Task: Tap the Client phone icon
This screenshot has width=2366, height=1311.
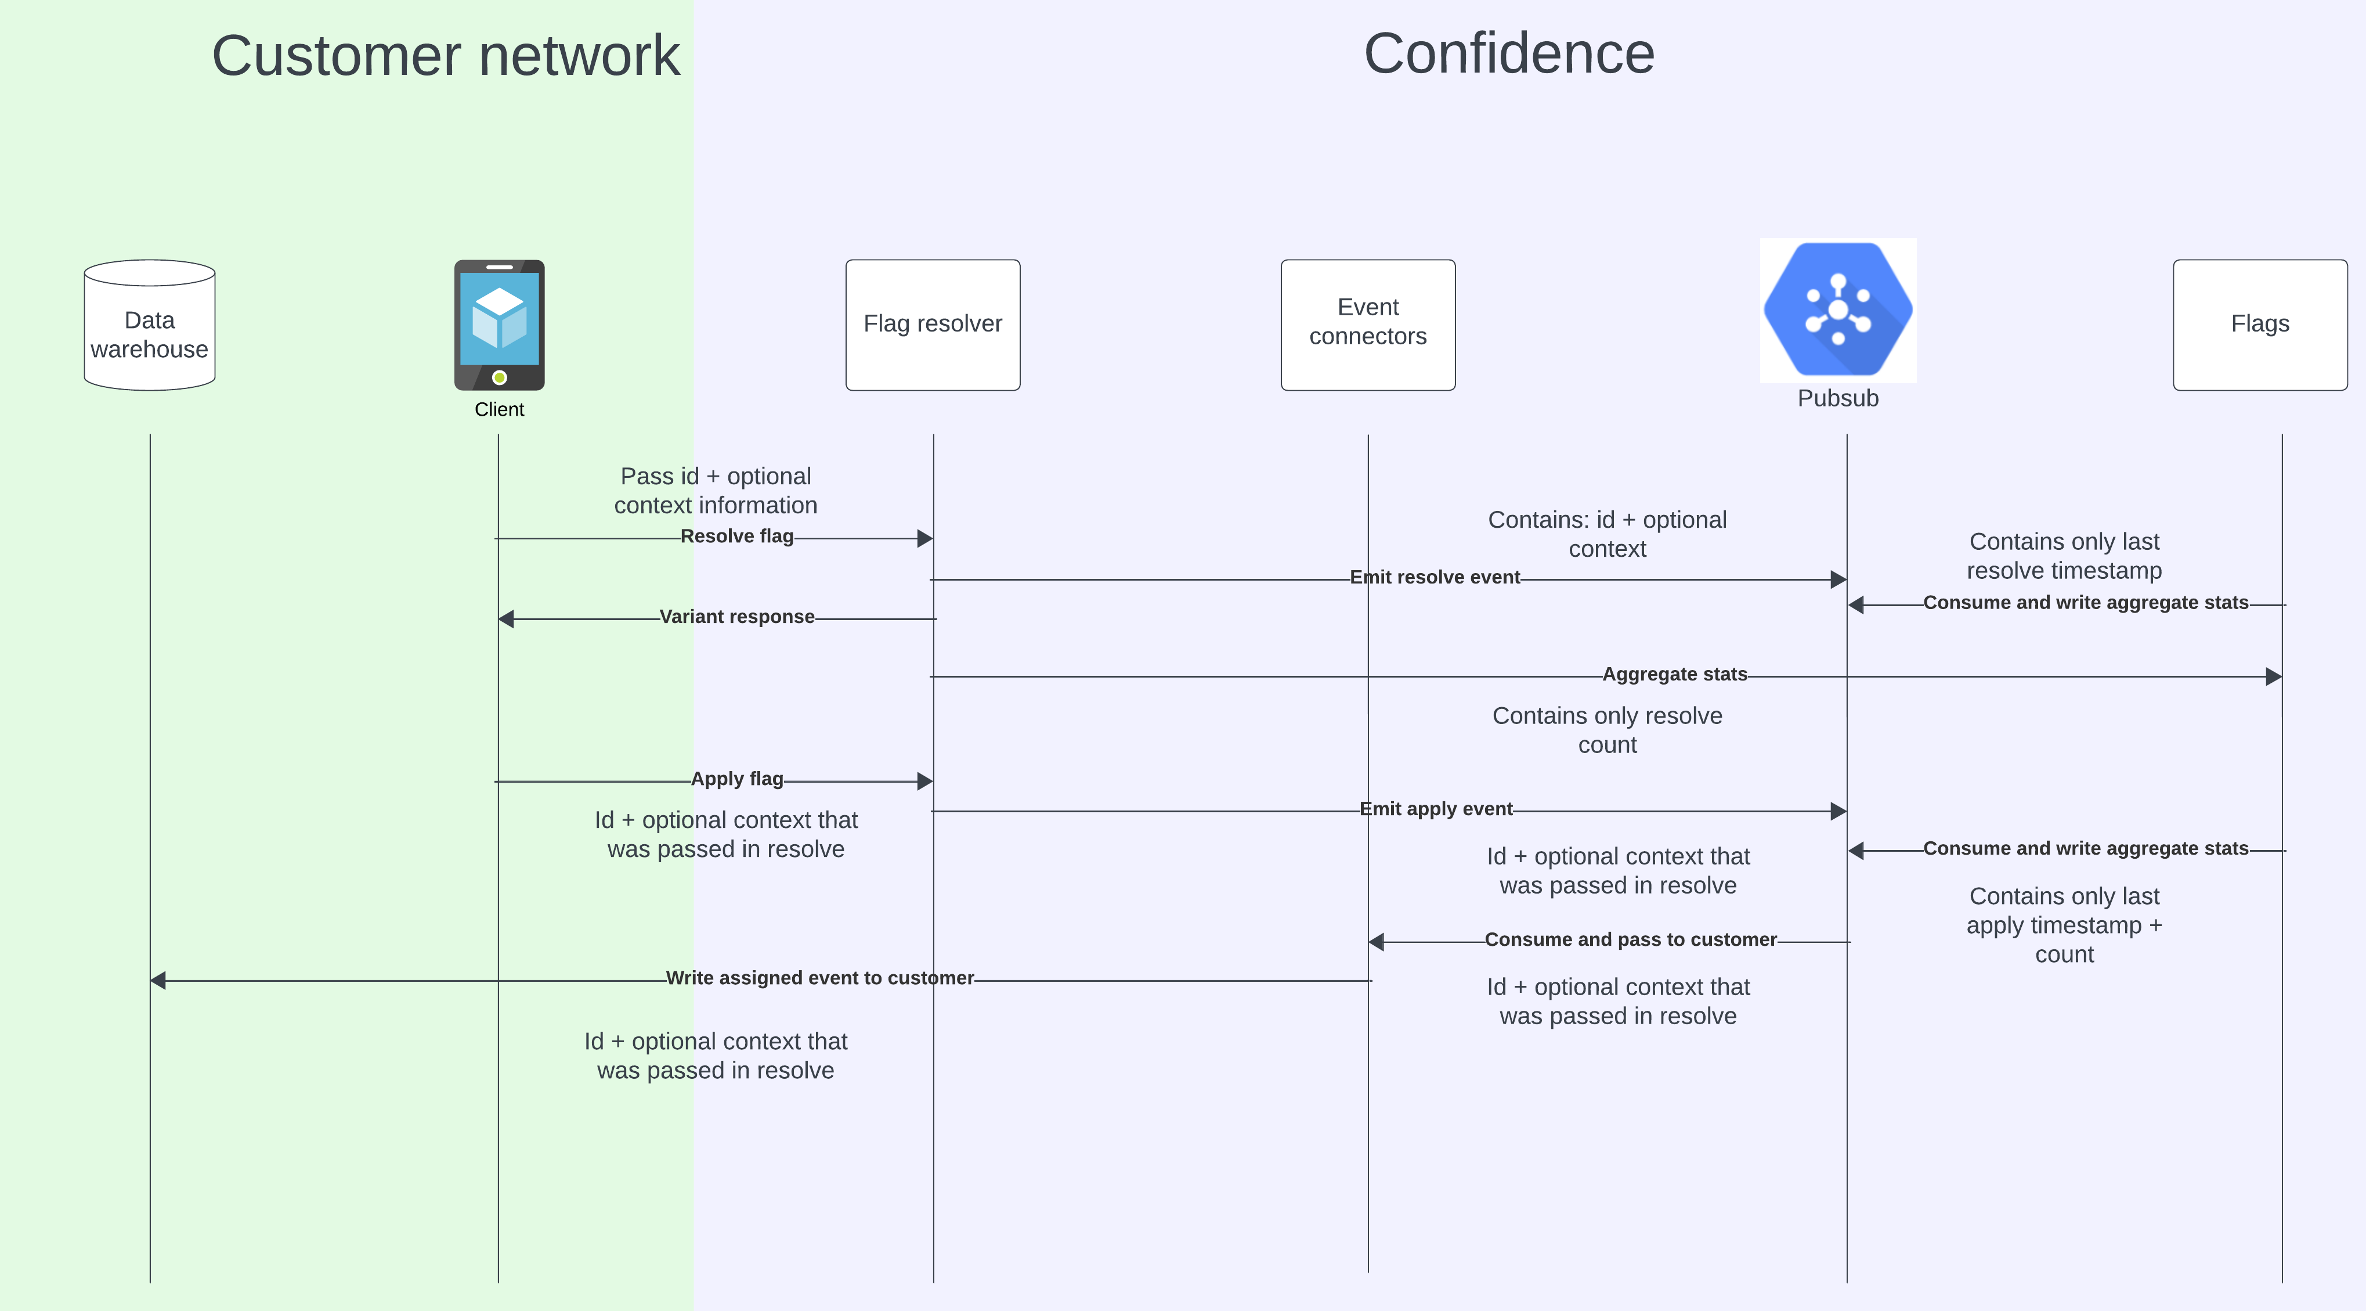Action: coord(499,325)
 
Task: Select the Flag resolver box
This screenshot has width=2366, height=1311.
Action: coord(932,325)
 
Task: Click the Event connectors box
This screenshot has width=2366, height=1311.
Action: coord(1368,325)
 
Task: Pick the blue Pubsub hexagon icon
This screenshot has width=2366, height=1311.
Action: coord(1838,309)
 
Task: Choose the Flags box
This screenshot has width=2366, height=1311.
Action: coord(2259,325)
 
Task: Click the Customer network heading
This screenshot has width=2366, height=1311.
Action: coord(446,55)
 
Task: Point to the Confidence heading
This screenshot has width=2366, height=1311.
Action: coord(1509,53)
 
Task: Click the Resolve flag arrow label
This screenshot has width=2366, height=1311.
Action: coord(736,536)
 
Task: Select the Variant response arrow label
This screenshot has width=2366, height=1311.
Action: coord(736,617)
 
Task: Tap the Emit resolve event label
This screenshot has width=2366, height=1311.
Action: coord(1435,578)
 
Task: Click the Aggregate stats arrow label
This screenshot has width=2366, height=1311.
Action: coord(1674,674)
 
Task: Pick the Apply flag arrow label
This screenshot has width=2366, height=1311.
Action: coord(736,779)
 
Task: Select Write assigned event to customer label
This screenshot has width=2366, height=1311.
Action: coord(819,978)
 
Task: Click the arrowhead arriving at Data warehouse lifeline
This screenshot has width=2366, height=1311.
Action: coord(158,980)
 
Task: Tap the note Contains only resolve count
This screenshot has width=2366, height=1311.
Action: coord(1608,730)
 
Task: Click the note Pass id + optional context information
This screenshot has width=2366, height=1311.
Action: coord(716,491)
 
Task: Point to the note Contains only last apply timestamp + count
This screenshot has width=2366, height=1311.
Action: coord(2064,925)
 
